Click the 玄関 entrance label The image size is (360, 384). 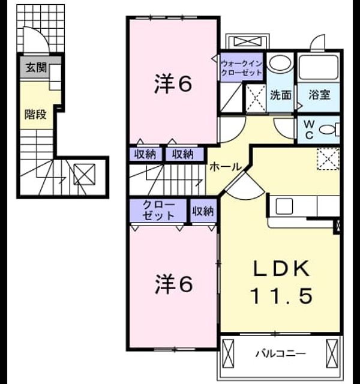[36, 67]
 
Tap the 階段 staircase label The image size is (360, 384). [35, 114]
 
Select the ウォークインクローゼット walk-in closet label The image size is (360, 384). [241, 68]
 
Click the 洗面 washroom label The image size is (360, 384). [281, 95]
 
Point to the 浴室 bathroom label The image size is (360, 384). [319, 95]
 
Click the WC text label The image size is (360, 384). [309, 130]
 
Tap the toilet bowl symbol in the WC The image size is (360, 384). [329, 130]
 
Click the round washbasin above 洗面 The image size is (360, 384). [280, 62]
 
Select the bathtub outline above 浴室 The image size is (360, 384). [319, 67]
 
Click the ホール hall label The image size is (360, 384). [226, 167]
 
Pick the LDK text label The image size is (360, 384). [281, 269]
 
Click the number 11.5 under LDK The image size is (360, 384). [281, 296]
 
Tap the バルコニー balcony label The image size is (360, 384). [281, 353]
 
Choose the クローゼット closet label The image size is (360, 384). [158, 210]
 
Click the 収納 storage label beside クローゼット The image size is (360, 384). [203, 211]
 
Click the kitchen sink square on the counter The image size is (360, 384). [284, 206]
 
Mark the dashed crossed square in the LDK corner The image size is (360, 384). [328, 158]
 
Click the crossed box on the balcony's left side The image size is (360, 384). [228, 353]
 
